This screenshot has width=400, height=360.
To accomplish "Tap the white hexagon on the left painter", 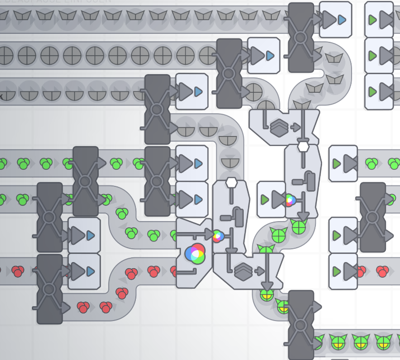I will pos(231,183).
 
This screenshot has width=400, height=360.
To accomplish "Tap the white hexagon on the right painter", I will pos(303,147).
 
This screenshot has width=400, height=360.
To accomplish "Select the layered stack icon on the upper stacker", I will pos(279,127).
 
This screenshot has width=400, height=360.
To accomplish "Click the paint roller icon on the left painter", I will pos(238,217).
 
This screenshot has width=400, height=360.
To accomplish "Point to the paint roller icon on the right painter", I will pos(310,181).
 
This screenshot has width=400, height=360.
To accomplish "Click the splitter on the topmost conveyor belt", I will pos(301,37).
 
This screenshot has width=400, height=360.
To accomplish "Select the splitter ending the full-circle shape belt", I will pos(229,73).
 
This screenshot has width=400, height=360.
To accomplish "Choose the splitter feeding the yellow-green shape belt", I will pos(301,325).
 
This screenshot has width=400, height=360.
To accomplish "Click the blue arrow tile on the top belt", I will pos(335,20).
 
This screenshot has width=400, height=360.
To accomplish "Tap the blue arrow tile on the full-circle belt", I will pos(263,56).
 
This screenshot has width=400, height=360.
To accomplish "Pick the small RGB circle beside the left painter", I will pos(218,236).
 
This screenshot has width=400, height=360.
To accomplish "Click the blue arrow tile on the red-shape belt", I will pos(84,271).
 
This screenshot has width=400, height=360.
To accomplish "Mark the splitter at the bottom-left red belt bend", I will pos(49,289).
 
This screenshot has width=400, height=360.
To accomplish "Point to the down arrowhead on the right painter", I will pos(303,216).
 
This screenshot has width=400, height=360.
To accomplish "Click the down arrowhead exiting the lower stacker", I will pos(267,285).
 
